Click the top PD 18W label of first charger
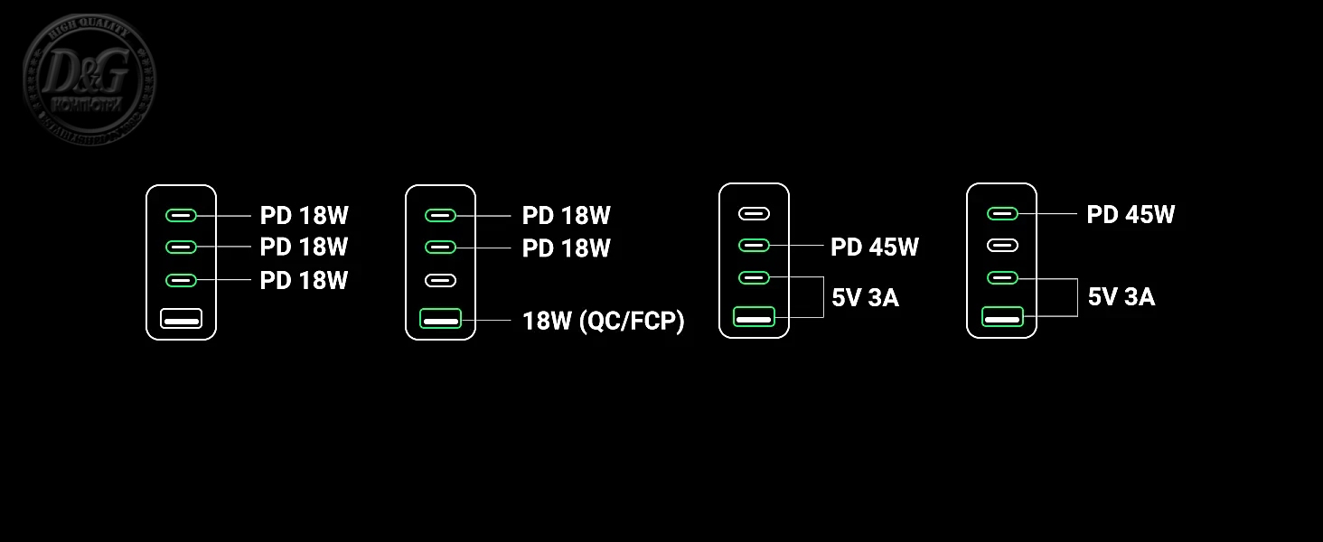pos(304,216)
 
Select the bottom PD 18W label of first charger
pos(304,280)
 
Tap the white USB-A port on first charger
pos(182,318)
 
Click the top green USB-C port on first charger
pos(182,215)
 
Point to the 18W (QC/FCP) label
pos(603,320)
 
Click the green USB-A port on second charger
pos(441,318)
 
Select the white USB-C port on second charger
pos(441,280)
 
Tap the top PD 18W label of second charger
pos(566,216)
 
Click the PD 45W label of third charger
pos(874,247)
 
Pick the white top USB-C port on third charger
pos(754,214)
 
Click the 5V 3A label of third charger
pos(865,297)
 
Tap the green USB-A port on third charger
pos(754,317)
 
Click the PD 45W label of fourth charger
pos(1131,215)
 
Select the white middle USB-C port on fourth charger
pos(1002,245)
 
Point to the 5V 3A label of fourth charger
pos(1121,296)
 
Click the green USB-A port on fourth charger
pos(1002,317)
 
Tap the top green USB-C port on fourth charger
pos(1002,213)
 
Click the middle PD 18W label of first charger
pos(304,247)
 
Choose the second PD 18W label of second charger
pos(566,248)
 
